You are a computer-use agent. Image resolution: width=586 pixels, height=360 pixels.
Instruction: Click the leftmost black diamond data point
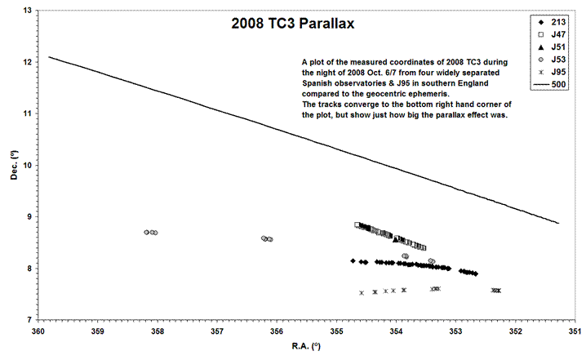(x=353, y=261)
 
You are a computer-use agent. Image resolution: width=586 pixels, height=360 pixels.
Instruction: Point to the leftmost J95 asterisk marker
(x=362, y=292)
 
